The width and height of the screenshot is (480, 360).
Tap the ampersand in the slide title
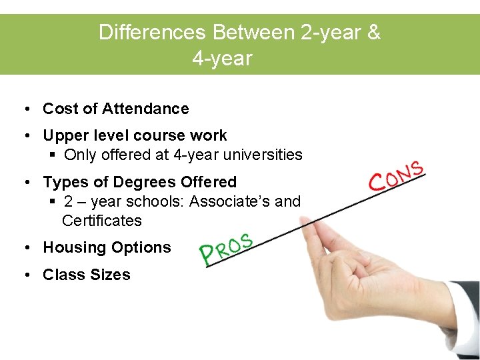[x=373, y=33]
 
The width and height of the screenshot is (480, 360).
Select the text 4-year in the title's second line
[x=222, y=59]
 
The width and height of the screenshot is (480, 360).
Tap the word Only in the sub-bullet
[x=81, y=155]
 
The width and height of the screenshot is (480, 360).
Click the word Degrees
[x=145, y=182]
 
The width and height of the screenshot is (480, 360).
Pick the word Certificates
[x=101, y=221]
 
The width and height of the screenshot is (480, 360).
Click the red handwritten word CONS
[x=396, y=175]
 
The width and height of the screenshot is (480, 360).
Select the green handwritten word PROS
[x=226, y=249]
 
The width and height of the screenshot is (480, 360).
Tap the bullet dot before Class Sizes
[x=24, y=275]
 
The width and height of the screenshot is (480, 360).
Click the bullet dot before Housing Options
[x=24, y=247]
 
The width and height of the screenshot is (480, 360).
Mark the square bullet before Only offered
[x=53, y=155]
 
